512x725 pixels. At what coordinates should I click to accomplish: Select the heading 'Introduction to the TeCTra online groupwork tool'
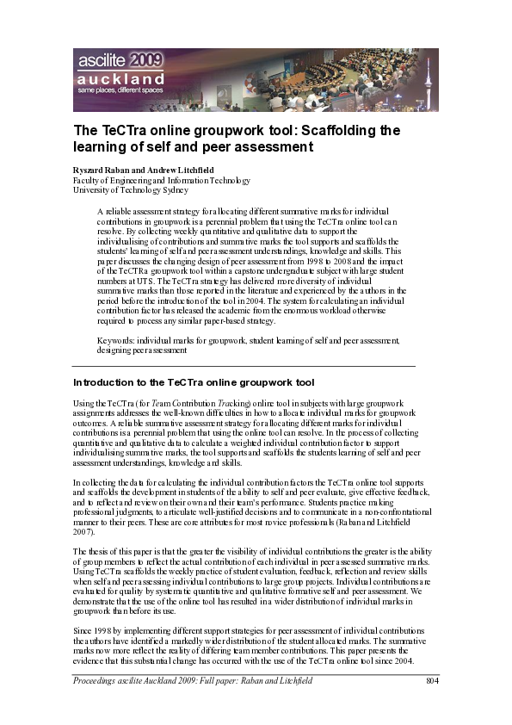tap(194, 381)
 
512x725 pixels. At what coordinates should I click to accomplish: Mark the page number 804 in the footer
tap(433, 681)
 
